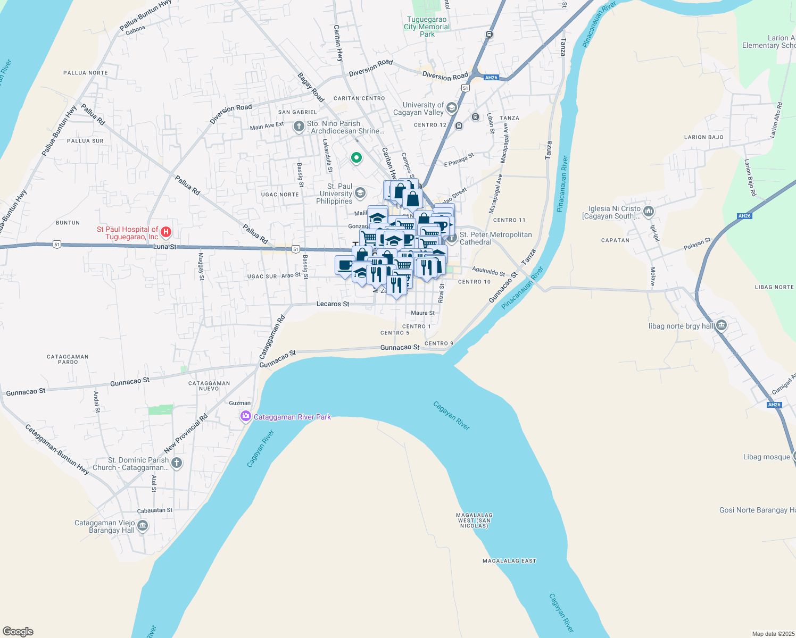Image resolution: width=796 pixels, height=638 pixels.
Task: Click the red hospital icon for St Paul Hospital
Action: [x=166, y=232]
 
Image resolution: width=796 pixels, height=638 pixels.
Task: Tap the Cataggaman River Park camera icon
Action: [x=245, y=416]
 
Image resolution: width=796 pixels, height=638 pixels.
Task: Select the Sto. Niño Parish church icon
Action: [x=299, y=127]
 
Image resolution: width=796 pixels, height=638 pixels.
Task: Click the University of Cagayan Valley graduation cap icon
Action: [x=452, y=108]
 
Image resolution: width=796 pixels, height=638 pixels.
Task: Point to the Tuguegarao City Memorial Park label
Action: [x=427, y=27]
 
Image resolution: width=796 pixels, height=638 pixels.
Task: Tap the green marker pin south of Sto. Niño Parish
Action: [x=356, y=157]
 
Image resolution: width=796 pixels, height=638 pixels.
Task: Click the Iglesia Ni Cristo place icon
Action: [x=648, y=212]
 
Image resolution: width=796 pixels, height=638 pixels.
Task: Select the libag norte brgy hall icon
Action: [x=721, y=325]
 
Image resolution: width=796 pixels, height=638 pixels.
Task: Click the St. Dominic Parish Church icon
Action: [x=177, y=463]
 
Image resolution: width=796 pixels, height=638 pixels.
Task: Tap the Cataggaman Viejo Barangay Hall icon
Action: [x=143, y=526]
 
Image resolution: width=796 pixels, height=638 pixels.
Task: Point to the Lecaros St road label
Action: [x=333, y=304]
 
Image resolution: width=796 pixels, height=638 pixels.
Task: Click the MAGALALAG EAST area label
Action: [x=509, y=561]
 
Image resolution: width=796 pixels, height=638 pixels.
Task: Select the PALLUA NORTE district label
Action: [x=85, y=73]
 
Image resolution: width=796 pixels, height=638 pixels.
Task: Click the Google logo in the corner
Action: [x=18, y=632]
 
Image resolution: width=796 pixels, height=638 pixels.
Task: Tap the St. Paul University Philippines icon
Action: [x=360, y=192]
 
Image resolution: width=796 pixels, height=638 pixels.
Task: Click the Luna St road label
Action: [x=164, y=247]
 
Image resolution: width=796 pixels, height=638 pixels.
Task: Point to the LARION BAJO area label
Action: [x=703, y=137]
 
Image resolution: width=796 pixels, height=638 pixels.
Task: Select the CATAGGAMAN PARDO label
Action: [x=68, y=359]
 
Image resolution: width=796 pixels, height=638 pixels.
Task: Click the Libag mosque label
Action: [x=766, y=457]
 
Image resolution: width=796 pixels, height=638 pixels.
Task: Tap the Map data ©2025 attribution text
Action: [x=773, y=634]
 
